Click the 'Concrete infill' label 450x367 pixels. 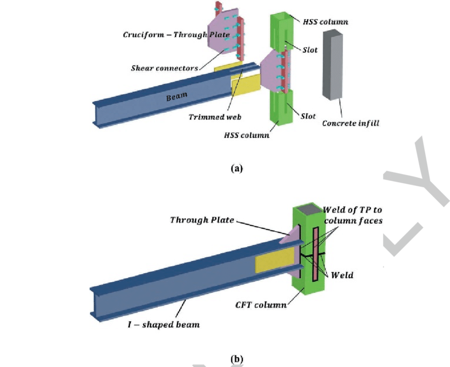click(350, 123)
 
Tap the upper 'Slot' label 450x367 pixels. click(310, 50)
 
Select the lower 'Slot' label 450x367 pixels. click(308, 116)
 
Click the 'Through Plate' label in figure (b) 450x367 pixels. click(202, 220)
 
